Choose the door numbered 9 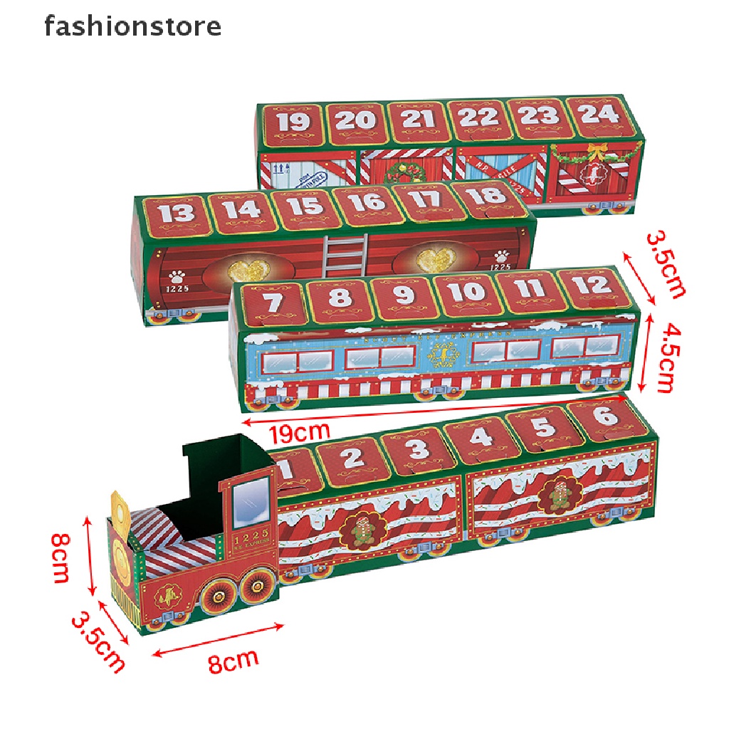point(404,295)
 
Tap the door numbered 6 point(605,416)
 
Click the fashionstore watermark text point(132,27)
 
